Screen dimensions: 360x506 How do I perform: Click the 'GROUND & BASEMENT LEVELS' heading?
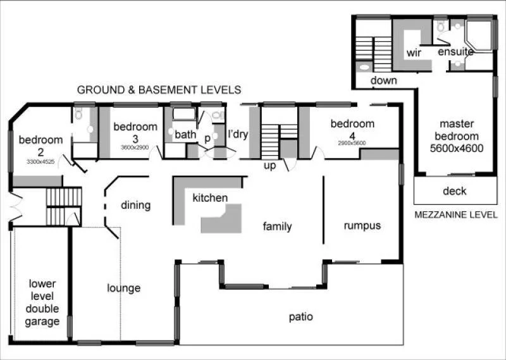pyautogui.click(x=159, y=90)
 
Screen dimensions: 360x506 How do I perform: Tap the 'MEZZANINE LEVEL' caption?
pyautogui.click(x=455, y=214)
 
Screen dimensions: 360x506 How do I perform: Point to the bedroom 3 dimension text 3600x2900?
pyautogui.click(x=135, y=147)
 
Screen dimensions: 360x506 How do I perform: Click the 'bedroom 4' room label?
pyautogui.click(x=352, y=123)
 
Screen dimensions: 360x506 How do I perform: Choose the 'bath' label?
pyautogui.click(x=185, y=134)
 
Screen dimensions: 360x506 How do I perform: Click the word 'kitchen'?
pyautogui.click(x=210, y=198)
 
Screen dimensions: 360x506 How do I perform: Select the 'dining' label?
pyautogui.click(x=135, y=205)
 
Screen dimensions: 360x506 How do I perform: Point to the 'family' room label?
pyautogui.click(x=277, y=226)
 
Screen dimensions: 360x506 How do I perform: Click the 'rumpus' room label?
pyautogui.click(x=362, y=225)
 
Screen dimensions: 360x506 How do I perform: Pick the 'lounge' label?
pyautogui.click(x=123, y=289)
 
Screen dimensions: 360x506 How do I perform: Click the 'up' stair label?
pyautogui.click(x=271, y=166)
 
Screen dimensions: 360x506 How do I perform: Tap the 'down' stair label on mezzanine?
pyautogui.click(x=383, y=80)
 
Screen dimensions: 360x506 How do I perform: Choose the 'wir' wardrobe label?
pyautogui.click(x=414, y=53)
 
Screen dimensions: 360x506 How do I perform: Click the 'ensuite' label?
pyautogui.click(x=455, y=52)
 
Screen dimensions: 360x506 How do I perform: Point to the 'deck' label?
pyautogui.click(x=454, y=190)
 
